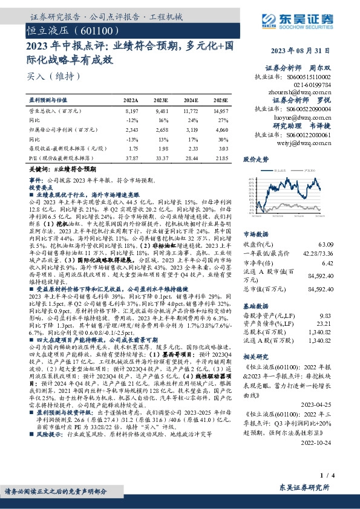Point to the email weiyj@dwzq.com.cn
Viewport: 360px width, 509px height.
308,143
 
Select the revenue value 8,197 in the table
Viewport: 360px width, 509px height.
131,112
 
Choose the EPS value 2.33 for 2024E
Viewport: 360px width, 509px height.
191,148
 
